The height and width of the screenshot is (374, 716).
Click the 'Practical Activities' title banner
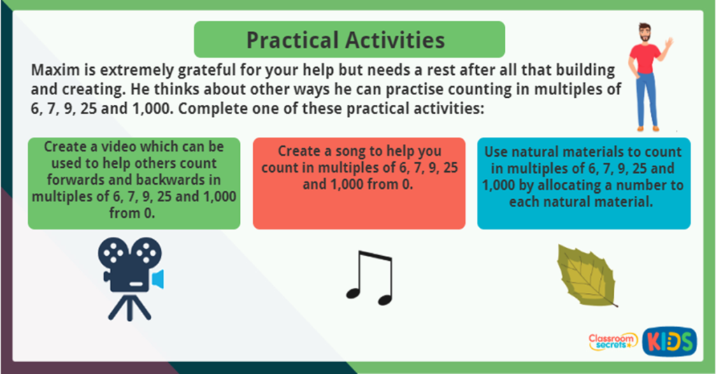click(349, 39)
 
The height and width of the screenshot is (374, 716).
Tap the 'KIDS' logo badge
click(669, 341)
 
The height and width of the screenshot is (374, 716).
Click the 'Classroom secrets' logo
click(613, 342)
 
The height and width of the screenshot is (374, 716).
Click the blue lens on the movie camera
click(159, 278)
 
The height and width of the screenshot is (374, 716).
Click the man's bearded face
click(645, 34)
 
